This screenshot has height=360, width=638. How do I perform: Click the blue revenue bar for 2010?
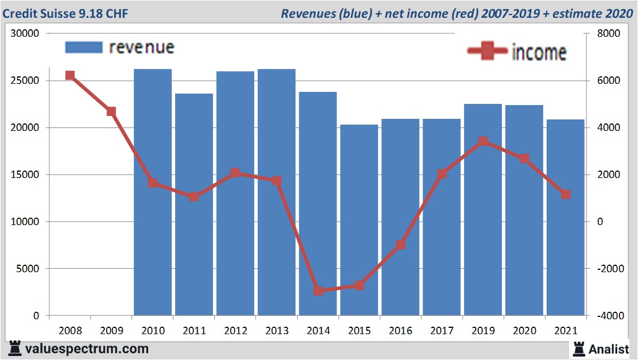coord(153,192)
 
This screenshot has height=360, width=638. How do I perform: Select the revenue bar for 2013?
coord(276,192)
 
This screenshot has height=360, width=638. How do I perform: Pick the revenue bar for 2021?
coord(565,218)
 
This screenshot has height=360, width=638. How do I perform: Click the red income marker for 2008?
coord(70,75)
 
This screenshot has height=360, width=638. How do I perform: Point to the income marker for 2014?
coord(318,291)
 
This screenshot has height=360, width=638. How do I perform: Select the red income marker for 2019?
coord(483,141)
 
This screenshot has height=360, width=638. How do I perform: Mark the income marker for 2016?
coord(401,245)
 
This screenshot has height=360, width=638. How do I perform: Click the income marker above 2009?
coord(111,111)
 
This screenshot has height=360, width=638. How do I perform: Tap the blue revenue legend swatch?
coord(83,47)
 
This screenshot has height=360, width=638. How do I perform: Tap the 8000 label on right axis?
coord(608,33)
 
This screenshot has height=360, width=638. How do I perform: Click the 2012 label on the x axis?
coord(235,331)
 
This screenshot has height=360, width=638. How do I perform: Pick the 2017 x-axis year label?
coord(442,331)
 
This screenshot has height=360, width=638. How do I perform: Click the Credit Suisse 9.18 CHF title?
coord(65,13)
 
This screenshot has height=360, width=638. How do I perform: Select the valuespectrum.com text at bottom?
coord(87,349)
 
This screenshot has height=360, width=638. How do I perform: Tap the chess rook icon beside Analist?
coord(578,348)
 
